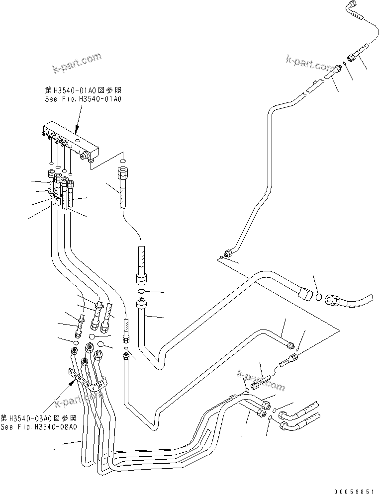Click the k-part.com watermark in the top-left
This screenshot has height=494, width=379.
click(x=77, y=63)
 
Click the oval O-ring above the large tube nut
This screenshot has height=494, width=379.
click(x=141, y=291)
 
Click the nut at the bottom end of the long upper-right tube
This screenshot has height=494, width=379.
click(x=229, y=254)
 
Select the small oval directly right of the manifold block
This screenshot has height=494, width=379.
click(x=123, y=160)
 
